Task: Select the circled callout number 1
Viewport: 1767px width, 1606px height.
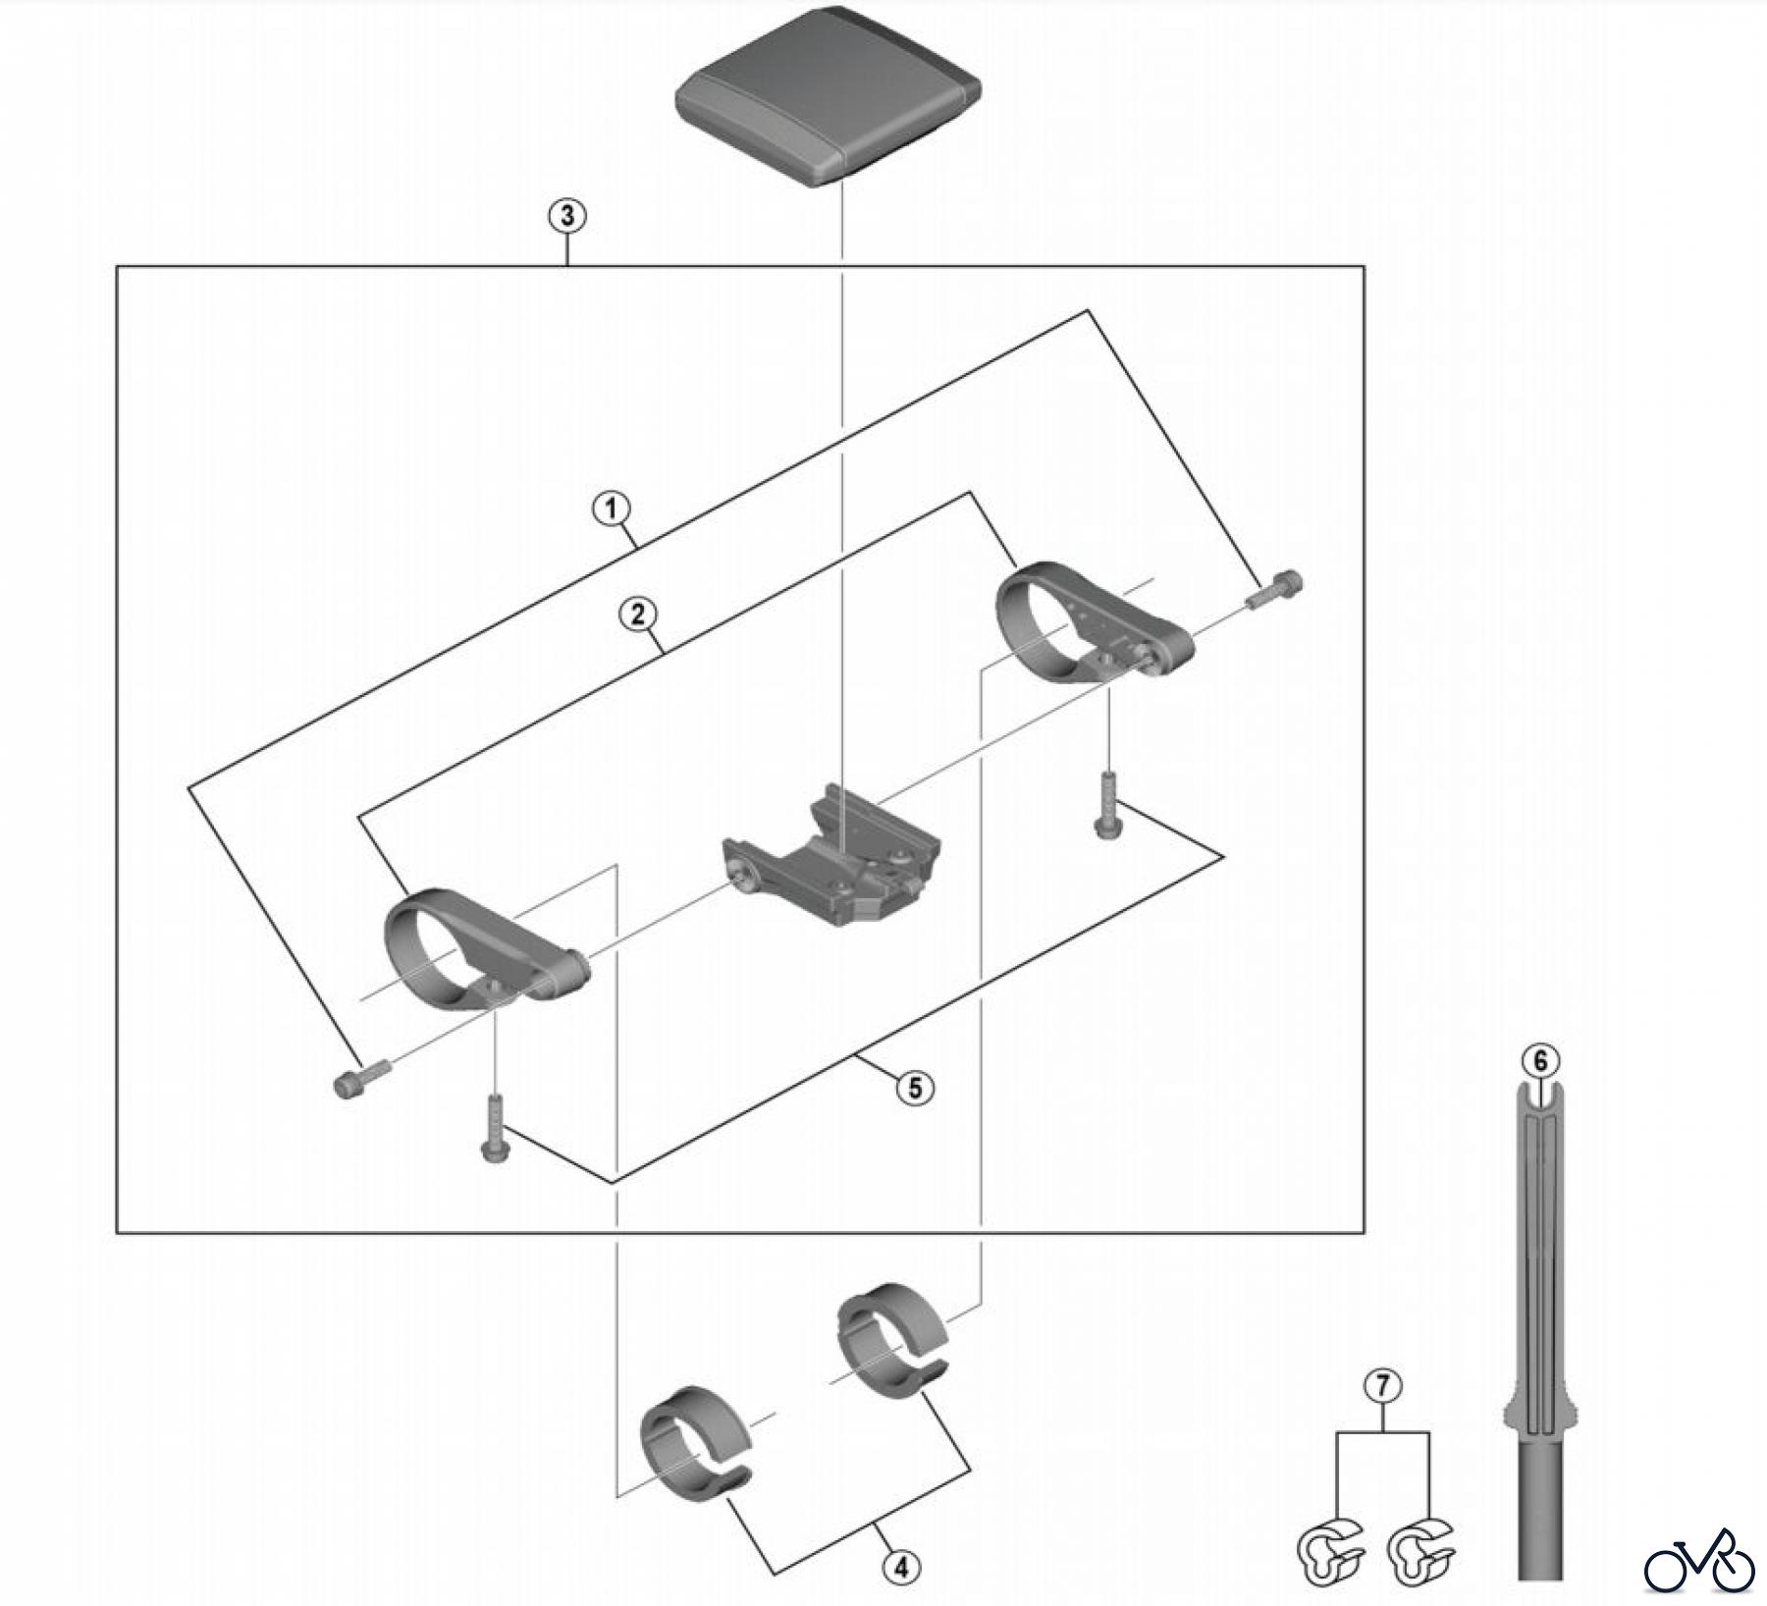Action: coord(611,509)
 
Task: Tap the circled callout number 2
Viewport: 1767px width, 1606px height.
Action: coord(637,616)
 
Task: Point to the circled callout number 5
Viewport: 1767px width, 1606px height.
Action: coord(915,1088)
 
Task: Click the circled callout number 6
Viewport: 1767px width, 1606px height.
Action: coord(1539,1061)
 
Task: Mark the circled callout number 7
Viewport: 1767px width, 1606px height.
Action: coord(1382,1386)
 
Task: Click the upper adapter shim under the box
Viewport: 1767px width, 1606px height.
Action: coord(888,1344)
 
